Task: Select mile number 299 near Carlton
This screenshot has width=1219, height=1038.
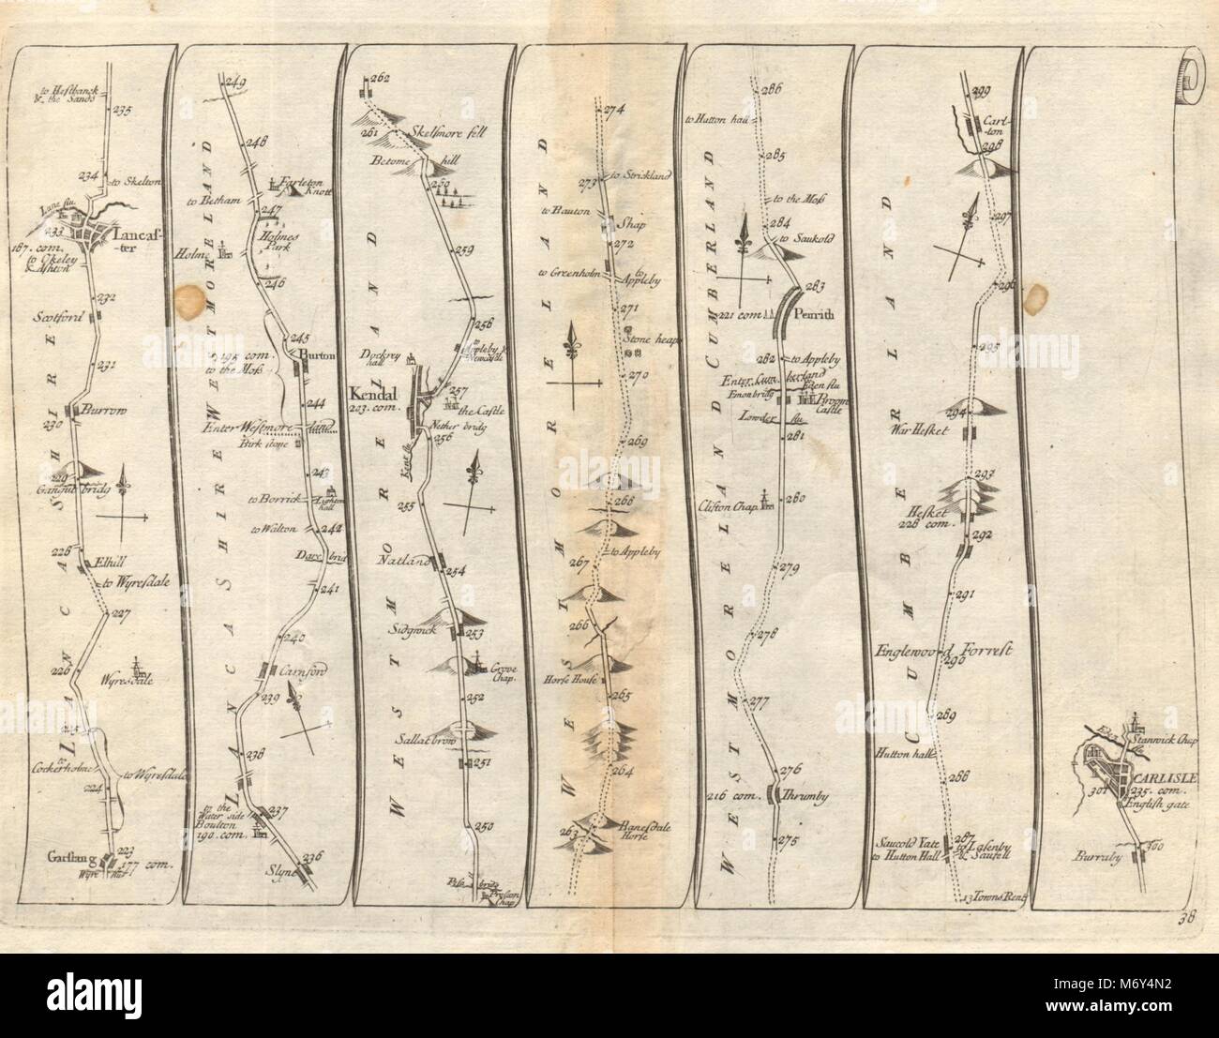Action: [x=982, y=90]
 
